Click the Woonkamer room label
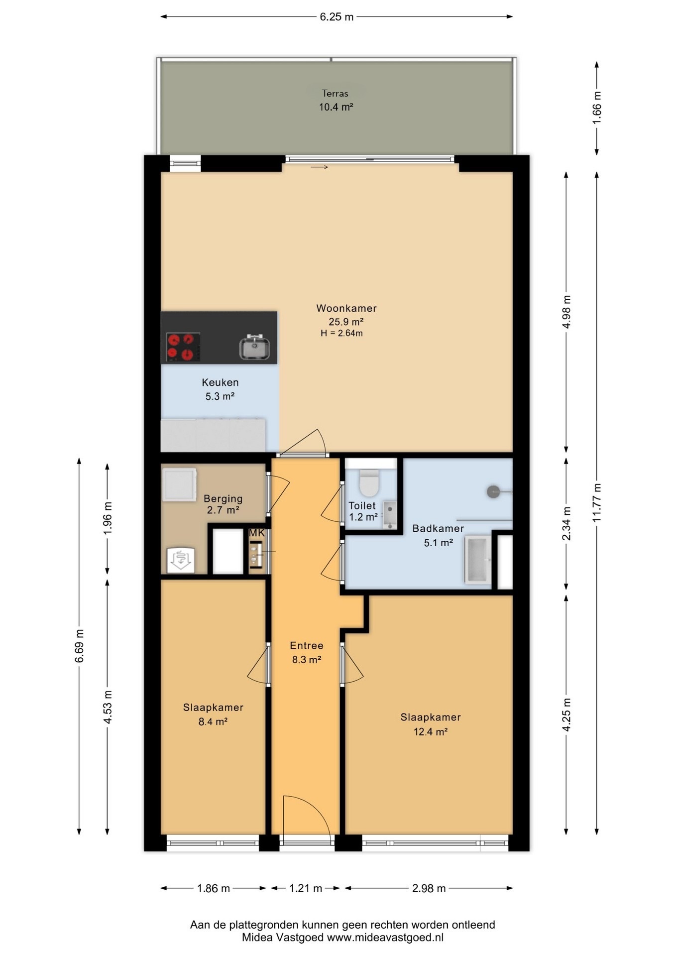pyautogui.click(x=346, y=308)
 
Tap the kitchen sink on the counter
pyautogui.click(x=254, y=347)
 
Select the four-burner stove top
pyautogui.click(x=183, y=347)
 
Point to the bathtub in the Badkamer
pyautogui.click(x=478, y=559)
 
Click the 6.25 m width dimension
pyautogui.click(x=337, y=17)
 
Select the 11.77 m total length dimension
pyautogui.click(x=597, y=502)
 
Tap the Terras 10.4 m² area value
pyautogui.click(x=336, y=107)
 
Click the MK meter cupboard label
pyautogui.click(x=257, y=533)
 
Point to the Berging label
pyautogui.click(x=223, y=498)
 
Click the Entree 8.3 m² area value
pyautogui.click(x=307, y=660)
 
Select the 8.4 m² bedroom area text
pyautogui.click(x=213, y=721)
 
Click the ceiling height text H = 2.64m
pyautogui.click(x=341, y=334)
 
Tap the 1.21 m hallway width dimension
pyautogui.click(x=306, y=888)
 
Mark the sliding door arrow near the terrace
pyautogui.click(x=320, y=167)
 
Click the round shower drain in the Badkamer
pyautogui.click(x=493, y=491)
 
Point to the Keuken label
pyautogui.click(x=220, y=382)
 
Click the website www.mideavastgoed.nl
pyautogui.click(x=385, y=938)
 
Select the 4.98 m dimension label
pyautogui.click(x=566, y=311)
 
